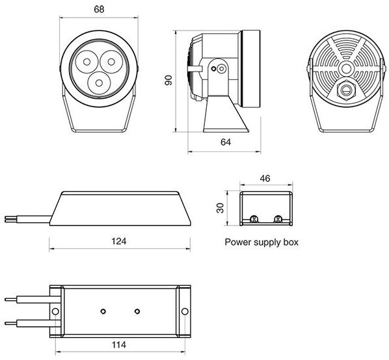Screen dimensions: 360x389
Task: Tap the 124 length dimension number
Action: pyautogui.click(x=118, y=240)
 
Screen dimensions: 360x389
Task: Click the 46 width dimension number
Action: pyautogui.click(x=265, y=177)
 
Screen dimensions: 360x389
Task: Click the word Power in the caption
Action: pyautogui.click(x=237, y=242)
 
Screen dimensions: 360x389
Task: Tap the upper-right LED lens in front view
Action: pyautogui.click(x=110, y=62)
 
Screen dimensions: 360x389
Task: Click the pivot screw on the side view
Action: pyautogui.click(x=221, y=68)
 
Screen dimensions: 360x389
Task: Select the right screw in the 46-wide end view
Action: pyautogui.click(x=278, y=219)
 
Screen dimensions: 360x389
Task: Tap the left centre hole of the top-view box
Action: pyautogui.click(x=103, y=309)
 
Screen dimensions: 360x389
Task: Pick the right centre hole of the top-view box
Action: pyautogui.click(x=137, y=309)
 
